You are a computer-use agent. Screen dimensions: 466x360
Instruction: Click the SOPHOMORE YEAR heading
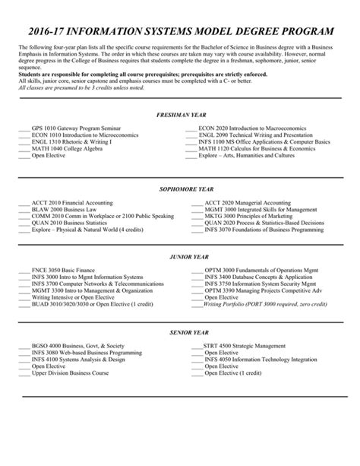(180, 188)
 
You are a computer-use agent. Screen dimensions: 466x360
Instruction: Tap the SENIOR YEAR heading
(180, 331)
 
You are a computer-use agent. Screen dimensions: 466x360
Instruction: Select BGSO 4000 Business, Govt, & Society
(77, 346)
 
